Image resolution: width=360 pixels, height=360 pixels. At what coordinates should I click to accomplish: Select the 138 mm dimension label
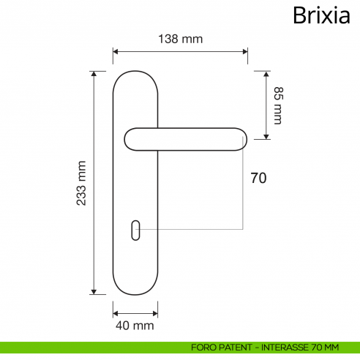(180, 39)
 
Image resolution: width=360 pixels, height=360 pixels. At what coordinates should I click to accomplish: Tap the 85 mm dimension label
(277, 105)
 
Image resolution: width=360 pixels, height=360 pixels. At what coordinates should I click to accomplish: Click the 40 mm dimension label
(135, 324)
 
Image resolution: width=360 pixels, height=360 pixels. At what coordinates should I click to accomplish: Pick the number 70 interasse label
(258, 178)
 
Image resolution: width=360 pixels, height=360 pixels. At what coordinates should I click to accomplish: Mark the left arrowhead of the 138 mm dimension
(116, 52)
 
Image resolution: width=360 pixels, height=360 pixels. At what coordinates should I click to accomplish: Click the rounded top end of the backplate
(135, 75)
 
